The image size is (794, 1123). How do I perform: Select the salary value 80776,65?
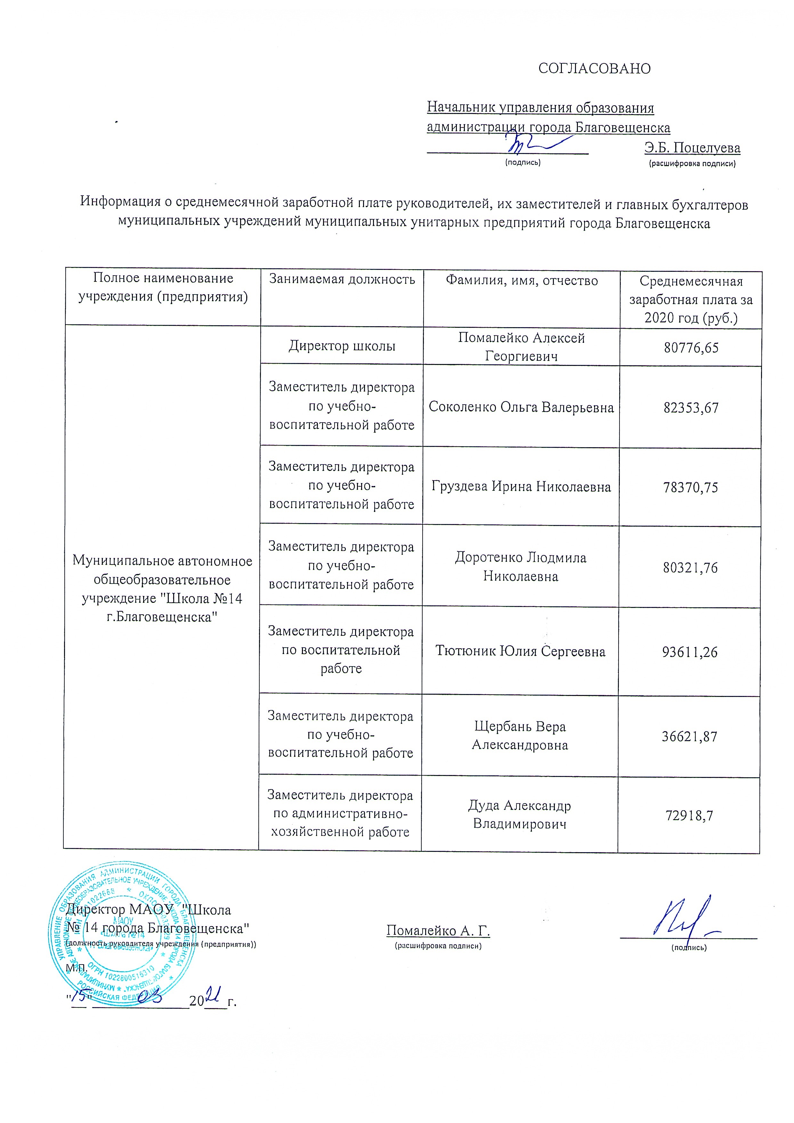tap(691, 348)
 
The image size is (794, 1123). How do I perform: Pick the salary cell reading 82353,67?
tap(691, 408)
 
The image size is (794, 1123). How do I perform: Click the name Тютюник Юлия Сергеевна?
tap(520, 651)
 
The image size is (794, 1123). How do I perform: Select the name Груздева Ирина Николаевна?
tap(521, 487)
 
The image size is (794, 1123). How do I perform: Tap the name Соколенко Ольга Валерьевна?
tap(521, 408)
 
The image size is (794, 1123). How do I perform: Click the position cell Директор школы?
tap(342, 346)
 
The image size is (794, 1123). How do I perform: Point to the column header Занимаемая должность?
tap(342, 280)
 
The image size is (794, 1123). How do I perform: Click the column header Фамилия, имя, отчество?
tap(522, 281)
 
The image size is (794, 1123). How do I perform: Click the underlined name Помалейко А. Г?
tap(438, 930)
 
